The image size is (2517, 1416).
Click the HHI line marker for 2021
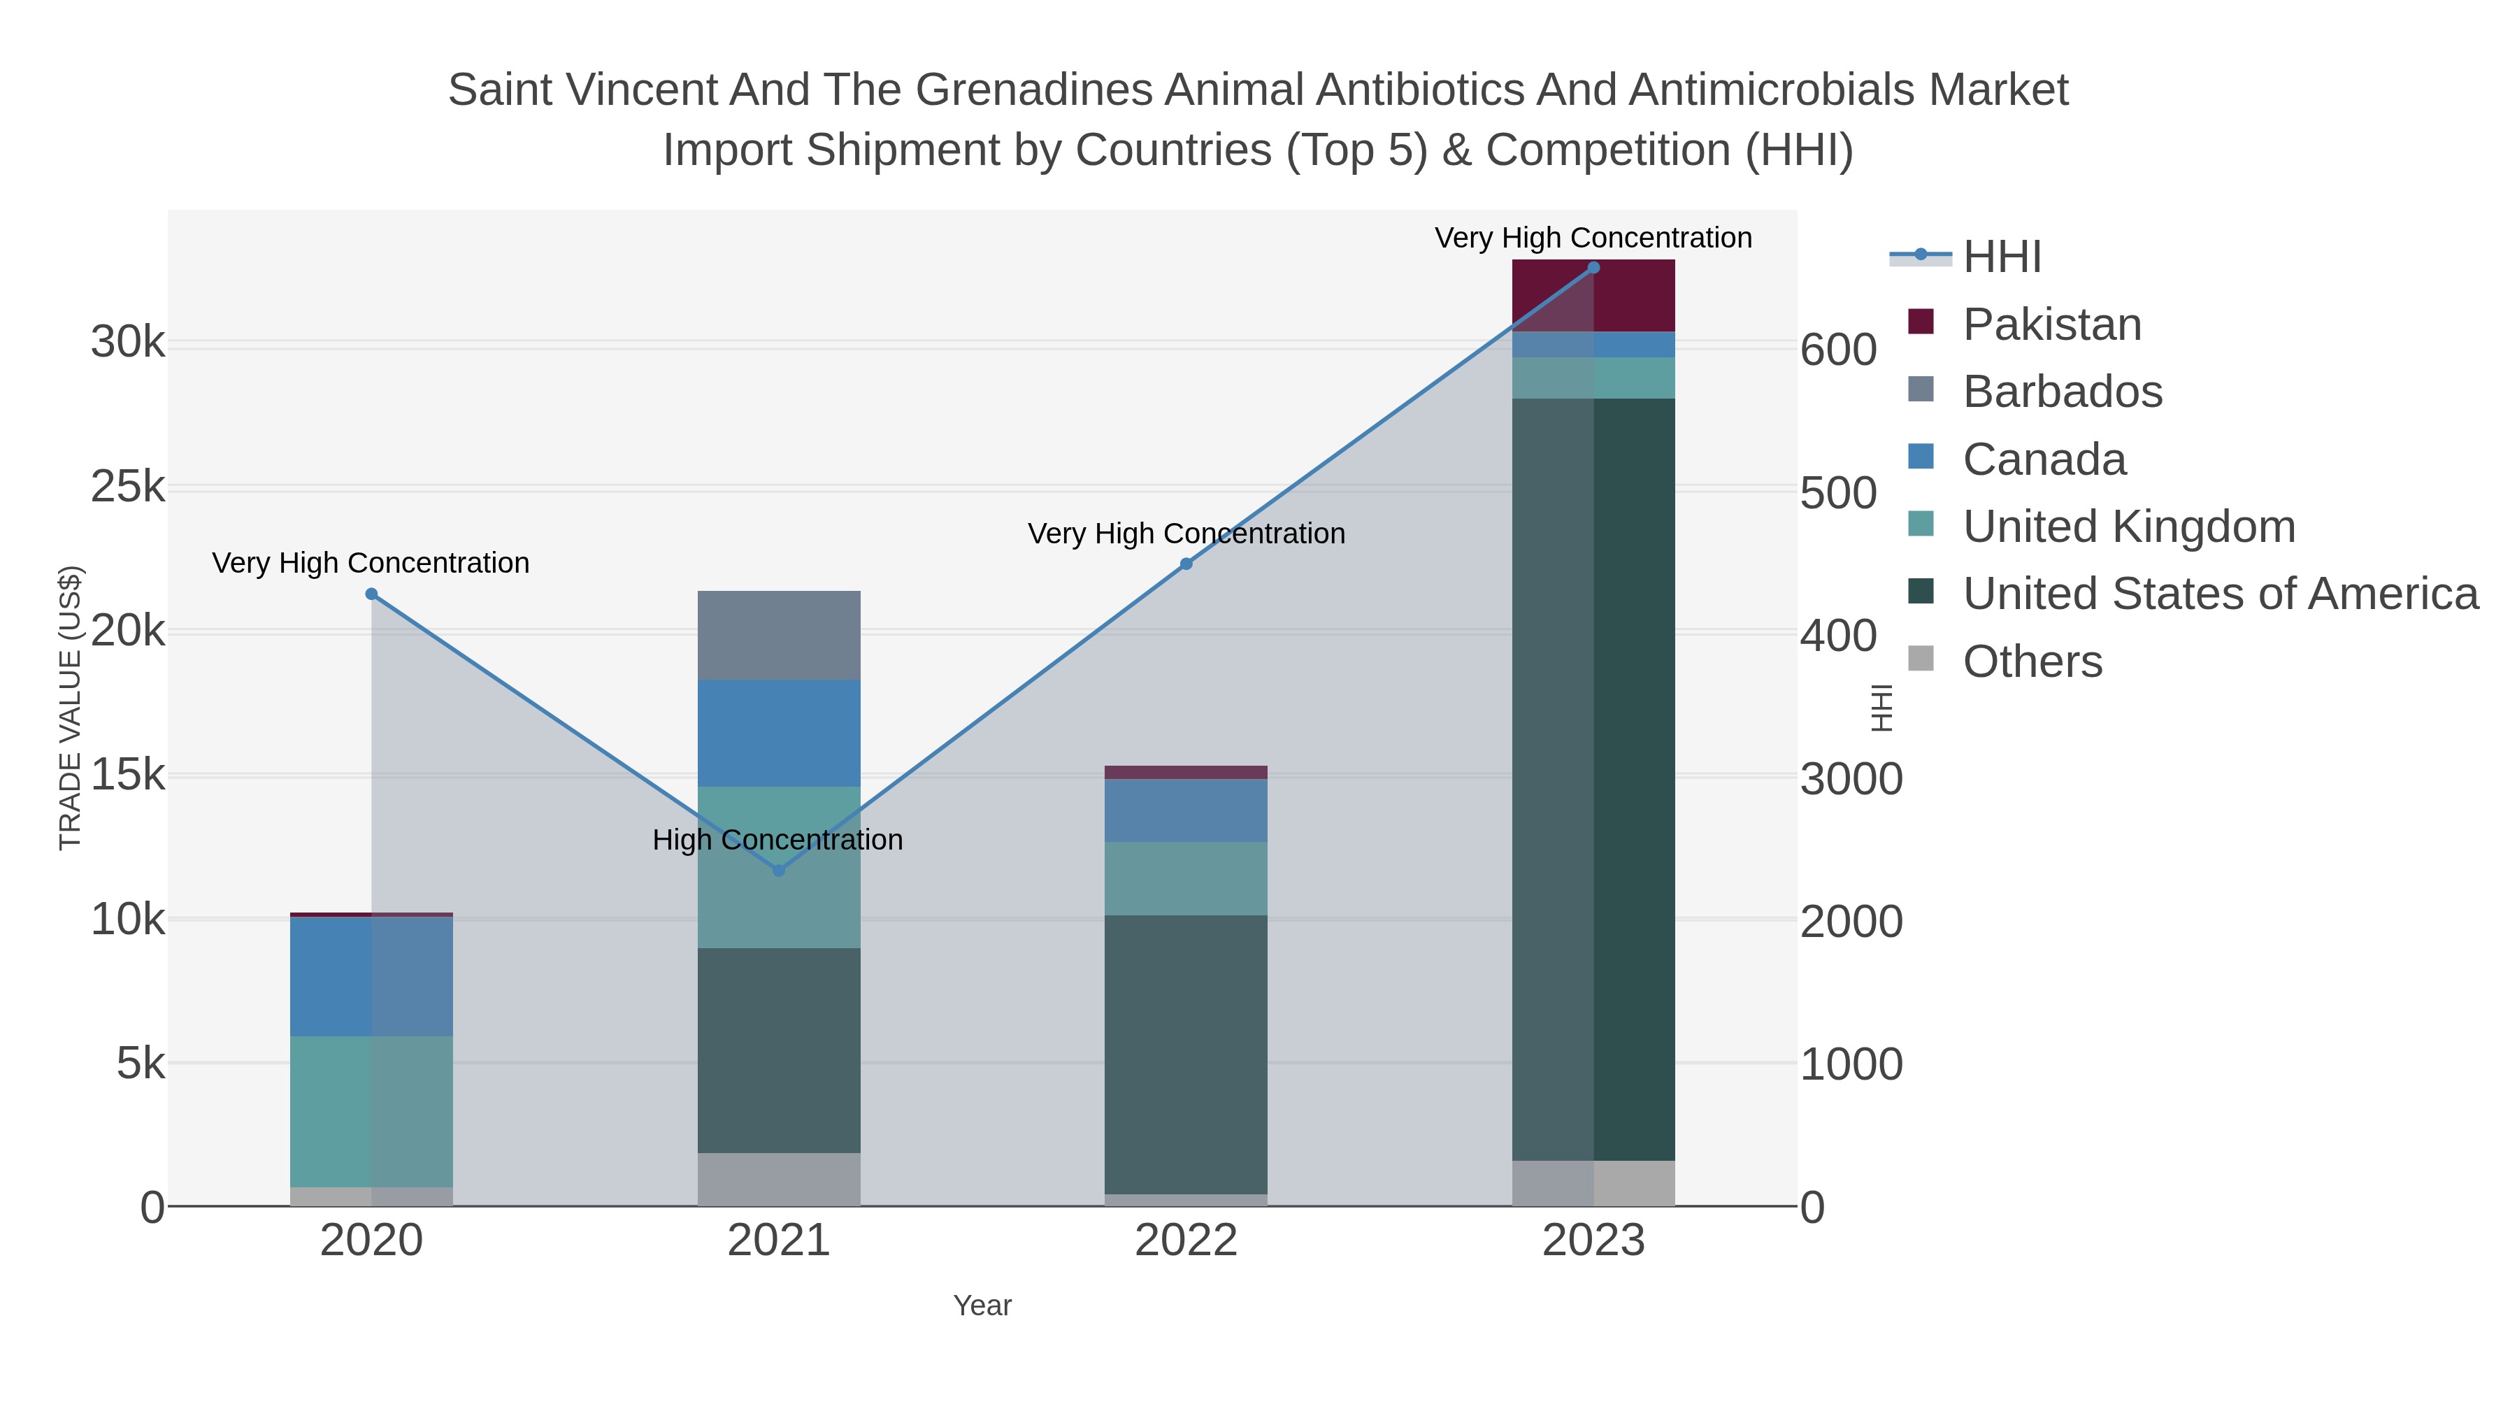[779, 870]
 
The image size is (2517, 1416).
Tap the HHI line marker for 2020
[371, 594]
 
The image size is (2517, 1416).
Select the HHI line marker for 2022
[1186, 564]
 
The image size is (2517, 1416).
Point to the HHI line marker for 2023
[1593, 268]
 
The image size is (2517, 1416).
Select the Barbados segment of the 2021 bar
[779, 635]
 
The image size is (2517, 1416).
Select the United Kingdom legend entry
[2128, 527]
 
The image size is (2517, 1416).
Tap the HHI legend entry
[2001, 257]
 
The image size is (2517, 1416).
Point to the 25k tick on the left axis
[128, 487]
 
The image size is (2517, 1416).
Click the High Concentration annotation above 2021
[777, 841]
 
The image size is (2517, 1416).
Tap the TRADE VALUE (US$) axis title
[71, 708]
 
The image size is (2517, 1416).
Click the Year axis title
[982, 1306]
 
